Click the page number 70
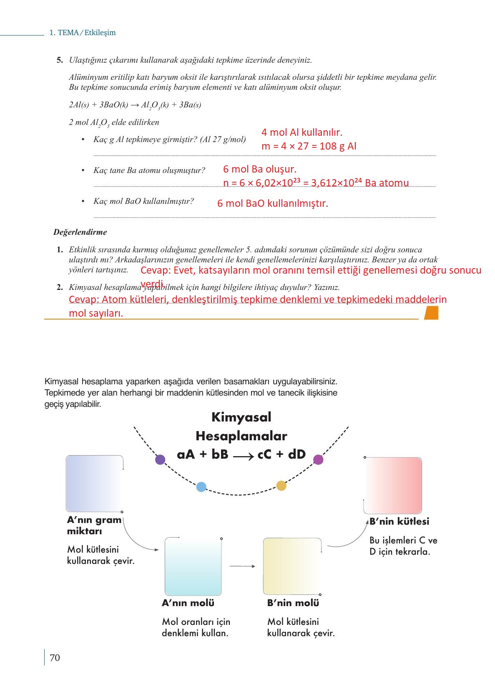(55, 658)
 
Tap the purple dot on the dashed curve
(160, 460)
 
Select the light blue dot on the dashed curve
(201, 487)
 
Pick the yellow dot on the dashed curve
(281, 485)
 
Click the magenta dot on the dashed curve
(318, 460)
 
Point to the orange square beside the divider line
(431, 313)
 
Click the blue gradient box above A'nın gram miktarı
(95, 483)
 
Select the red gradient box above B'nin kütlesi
(393, 485)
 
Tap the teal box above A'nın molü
(193, 566)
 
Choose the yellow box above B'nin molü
(292, 566)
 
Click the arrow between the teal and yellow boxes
(242, 566)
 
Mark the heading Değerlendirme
(80, 232)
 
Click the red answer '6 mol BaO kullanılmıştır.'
(273, 204)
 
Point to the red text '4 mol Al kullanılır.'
(302, 132)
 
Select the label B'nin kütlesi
(399, 521)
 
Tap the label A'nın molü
(188, 603)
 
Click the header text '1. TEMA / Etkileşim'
(83, 33)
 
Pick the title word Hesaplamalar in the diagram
(241, 436)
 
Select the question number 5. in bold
(60, 60)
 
